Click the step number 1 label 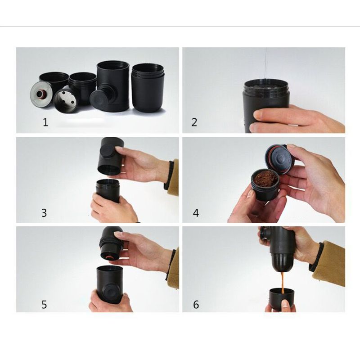(45, 122)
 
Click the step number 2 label (194, 122)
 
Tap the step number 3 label (44, 213)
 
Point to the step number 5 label (44, 304)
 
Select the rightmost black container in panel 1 (148, 88)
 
